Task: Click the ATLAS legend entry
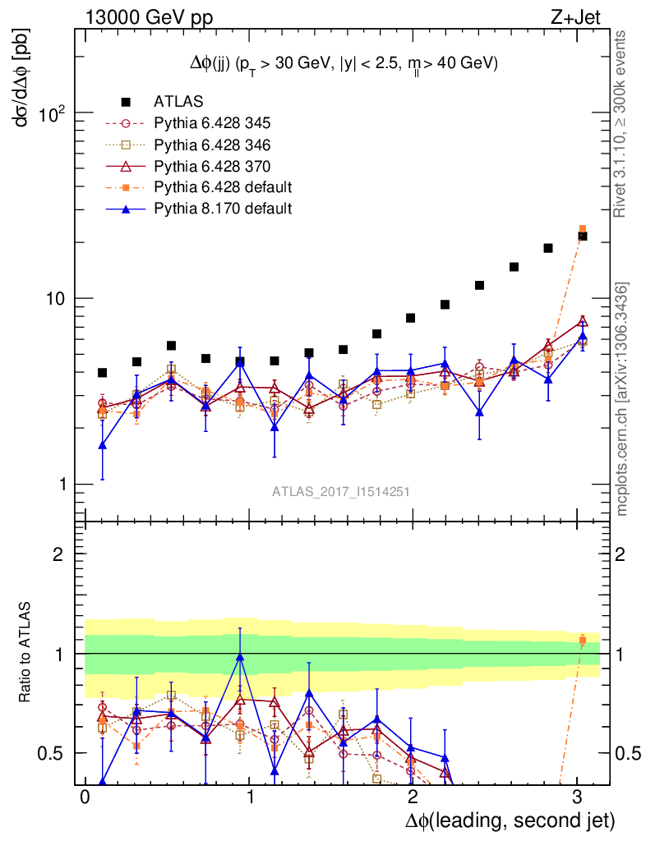pos(173,102)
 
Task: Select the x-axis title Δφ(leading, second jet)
pos(509,819)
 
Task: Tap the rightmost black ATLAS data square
pos(583,236)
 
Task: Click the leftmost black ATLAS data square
pos(102,373)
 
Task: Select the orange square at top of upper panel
pos(583,229)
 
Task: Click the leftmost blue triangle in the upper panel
pos(102,445)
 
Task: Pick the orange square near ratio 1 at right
pos(583,640)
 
